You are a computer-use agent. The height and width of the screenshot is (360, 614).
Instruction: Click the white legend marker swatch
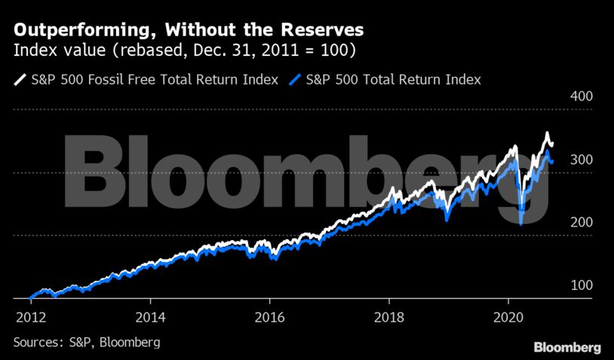pyautogui.click(x=19, y=79)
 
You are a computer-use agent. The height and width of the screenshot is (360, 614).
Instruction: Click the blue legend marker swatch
pyautogui.click(x=295, y=79)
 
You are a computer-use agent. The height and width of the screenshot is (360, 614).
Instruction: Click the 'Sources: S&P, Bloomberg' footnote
pyautogui.click(x=87, y=343)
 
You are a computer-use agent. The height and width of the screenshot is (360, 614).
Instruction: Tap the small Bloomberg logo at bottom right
pyautogui.click(x=567, y=347)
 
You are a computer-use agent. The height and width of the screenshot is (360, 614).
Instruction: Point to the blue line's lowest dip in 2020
pyautogui.click(x=521, y=223)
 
